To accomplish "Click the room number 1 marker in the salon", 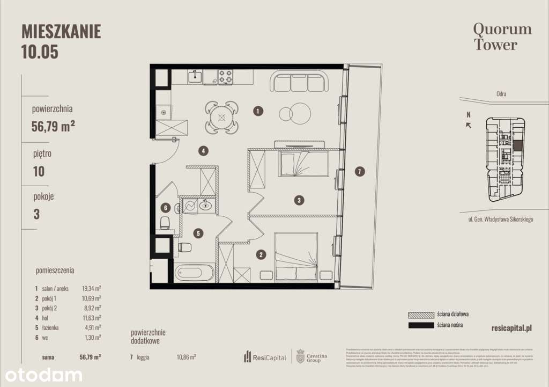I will coord(258,112).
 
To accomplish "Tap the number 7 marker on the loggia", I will coord(360,172).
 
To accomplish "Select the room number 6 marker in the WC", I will coord(166,208).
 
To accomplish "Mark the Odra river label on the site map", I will coord(501,94).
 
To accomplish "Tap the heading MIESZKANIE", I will coord(61,32).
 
